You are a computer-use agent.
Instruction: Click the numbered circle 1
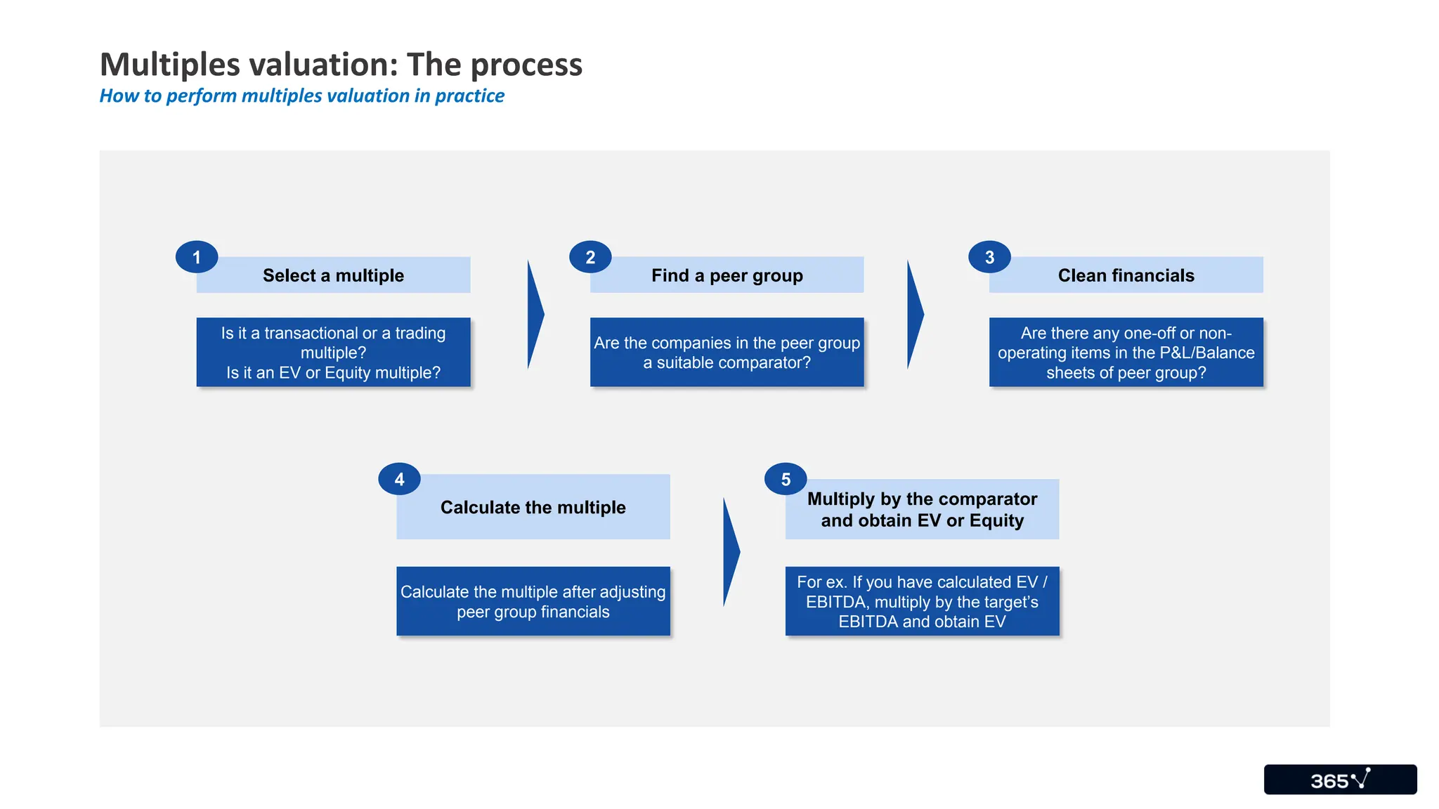[197, 257]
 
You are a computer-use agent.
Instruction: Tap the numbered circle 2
[590, 257]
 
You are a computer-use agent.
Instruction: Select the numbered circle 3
[989, 257]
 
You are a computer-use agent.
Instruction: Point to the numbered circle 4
[399, 479]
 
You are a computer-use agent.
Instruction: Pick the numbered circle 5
[786, 479]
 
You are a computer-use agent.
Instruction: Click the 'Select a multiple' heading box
[334, 275]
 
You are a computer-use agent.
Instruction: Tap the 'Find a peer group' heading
[727, 275]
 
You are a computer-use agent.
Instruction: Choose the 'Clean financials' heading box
[1126, 275]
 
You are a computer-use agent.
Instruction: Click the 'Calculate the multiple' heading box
[533, 507]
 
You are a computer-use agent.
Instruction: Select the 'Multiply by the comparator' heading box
[922, 510]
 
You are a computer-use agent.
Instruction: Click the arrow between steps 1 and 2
[535, 315]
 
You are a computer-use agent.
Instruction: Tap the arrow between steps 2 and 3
[914, 315]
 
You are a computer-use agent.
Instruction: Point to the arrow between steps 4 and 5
[730, 552]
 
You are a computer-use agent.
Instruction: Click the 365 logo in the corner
[1340, 780]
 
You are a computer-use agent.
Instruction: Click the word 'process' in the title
[526, 65]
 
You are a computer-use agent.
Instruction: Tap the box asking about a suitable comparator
[727, 353]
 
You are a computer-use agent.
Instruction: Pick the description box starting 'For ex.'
[922, 602]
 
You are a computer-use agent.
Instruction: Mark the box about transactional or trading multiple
[334, 353]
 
